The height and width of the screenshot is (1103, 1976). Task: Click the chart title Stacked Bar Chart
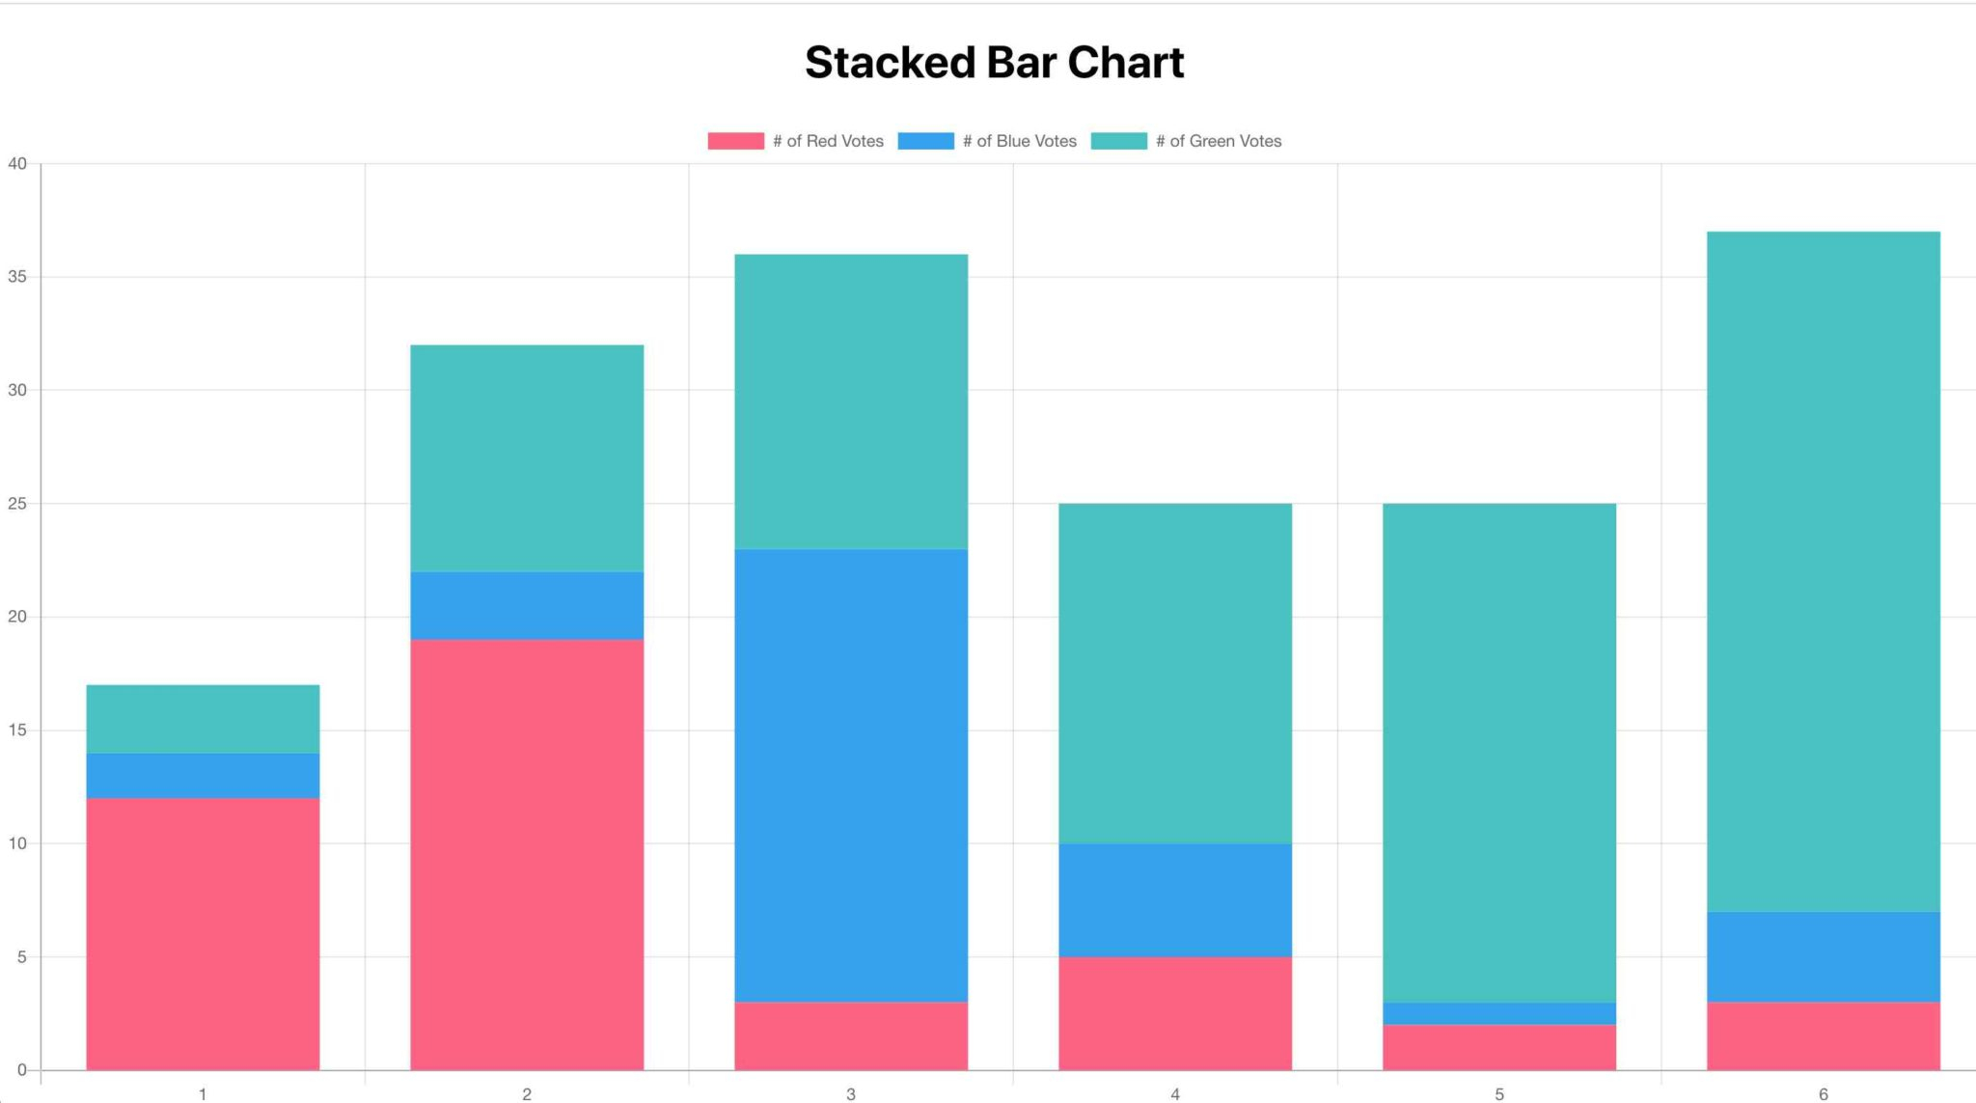(994, 63)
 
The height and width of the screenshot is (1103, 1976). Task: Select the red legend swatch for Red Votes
(735, 141)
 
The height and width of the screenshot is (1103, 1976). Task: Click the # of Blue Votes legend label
(1019, 141)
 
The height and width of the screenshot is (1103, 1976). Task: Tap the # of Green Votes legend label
(1218, 141)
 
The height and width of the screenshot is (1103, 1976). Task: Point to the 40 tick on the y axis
(17, 164)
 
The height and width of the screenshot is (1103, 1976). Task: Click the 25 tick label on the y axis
(17, 504)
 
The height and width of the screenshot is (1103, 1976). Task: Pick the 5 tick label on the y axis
(21, 957)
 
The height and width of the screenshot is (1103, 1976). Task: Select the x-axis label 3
(850, 1094)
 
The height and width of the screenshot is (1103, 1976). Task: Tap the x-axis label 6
(1823, 1094)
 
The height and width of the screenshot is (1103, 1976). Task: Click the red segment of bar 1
(203, 933)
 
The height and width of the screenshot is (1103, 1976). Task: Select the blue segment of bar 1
(203, 776)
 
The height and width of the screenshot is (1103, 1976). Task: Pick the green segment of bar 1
(203, 719)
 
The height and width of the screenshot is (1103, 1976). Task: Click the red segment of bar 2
(527, 854)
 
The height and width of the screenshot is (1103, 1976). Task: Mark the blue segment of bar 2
(527, 606)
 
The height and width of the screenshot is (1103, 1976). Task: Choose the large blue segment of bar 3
(851, 775)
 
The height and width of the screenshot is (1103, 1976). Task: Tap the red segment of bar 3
(851, 1035)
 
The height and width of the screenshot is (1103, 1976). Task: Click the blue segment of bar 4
(1175, 900)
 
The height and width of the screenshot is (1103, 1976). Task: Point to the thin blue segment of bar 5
(1499, 1013)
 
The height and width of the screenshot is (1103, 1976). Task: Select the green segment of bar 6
(1824, 571)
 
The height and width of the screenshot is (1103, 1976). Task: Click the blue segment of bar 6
(1824, 956)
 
